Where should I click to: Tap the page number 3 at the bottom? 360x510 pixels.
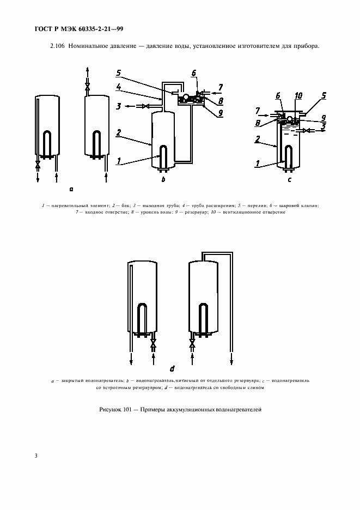[36, 455]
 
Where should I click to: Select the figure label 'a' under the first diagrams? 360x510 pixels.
[71, 189]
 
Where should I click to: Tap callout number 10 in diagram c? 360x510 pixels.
[297, 95]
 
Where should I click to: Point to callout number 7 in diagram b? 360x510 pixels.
[220, 87]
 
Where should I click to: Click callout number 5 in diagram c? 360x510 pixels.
[324, 95]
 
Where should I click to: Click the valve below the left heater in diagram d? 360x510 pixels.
[154, 344]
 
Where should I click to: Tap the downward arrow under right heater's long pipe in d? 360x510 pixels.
[231, 360]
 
